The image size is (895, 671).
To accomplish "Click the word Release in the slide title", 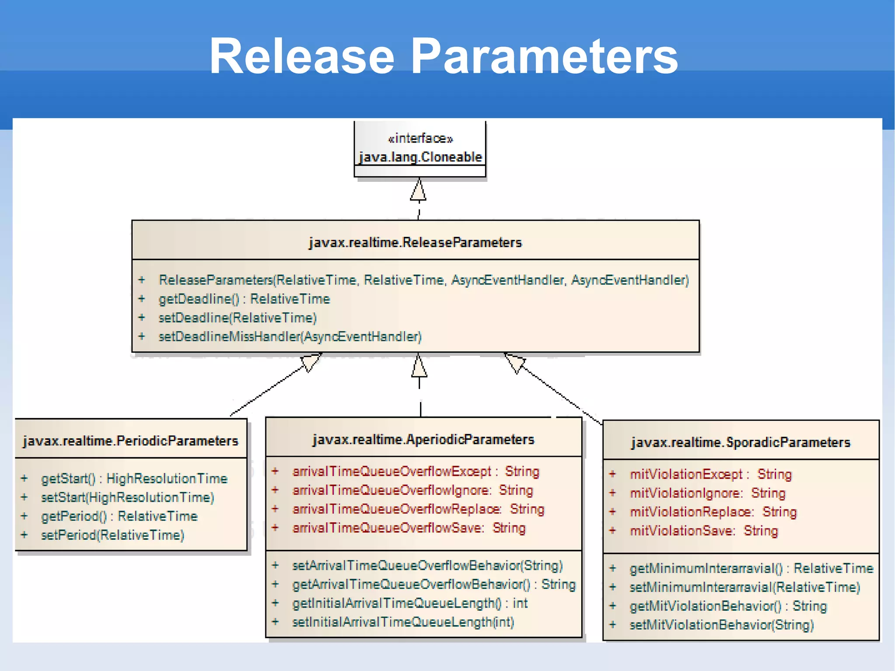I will coord(302,56).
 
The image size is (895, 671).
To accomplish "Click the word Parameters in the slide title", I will coord(545,56).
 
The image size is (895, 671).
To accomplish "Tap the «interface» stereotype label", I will coord(420,139).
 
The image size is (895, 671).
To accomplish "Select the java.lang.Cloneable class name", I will coord(420,157).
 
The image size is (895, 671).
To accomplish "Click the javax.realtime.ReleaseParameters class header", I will coord(415,242).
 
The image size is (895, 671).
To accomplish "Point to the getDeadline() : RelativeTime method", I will coord(244,299).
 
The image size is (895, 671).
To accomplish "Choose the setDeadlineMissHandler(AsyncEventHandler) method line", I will coord(290,337).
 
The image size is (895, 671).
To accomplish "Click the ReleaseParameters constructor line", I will coord(423,280).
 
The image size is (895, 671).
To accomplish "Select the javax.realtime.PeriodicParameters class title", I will coord(131,441).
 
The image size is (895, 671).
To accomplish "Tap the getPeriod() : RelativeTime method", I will coord(119,516).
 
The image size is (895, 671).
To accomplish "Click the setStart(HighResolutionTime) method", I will coord(128,497).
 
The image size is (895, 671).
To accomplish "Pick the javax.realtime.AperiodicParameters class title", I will coord(423,439).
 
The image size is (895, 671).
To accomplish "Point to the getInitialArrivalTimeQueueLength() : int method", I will coord(409,603).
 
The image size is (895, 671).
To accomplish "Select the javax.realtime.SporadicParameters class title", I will coord(741,442).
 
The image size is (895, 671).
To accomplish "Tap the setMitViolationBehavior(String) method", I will coord(722,625).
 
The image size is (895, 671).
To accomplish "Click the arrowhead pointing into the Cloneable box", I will coord(419,191).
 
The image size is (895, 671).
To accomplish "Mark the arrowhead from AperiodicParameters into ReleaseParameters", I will coord(419,366).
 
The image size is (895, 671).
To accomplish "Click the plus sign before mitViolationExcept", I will coord(613,474).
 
